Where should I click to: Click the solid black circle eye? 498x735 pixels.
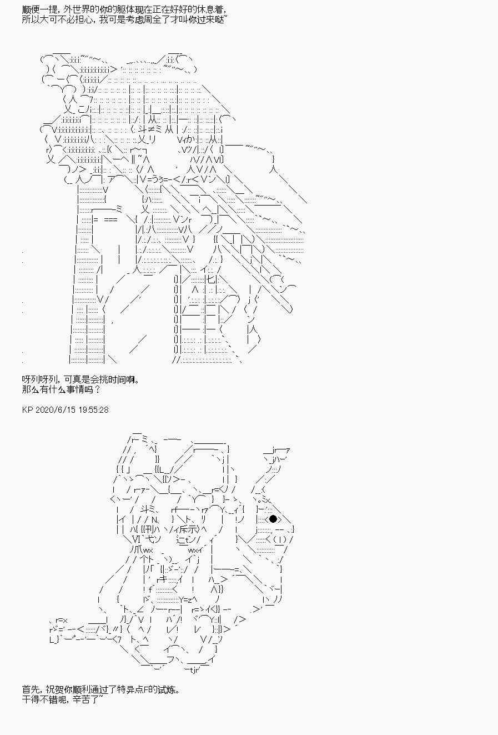pyautogui.click(x=273, y=519)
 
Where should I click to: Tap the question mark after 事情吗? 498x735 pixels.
pyautogui.click(x=97, y=390)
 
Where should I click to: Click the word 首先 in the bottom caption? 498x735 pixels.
pyautogui.click(x=31, y=689)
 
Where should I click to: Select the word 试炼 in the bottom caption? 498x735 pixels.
pyautogui.click(x=166, y=689)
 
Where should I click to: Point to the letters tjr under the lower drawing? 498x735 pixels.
pyautogui.click(x=194, y=670)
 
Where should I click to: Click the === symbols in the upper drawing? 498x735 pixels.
pyautogui.click(x=110, y=220)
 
